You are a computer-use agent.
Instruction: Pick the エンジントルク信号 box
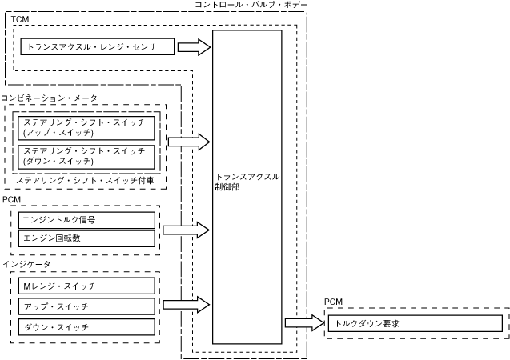pos(86,220)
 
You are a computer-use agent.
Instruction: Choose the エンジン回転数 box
pos(86,238)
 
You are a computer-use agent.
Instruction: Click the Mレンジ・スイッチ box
pos(86,286)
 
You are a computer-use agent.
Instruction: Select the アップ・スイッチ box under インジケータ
pos(86,306)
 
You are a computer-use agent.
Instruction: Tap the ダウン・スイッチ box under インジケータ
pos(86,327)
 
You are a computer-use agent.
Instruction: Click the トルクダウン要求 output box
pos(415,324)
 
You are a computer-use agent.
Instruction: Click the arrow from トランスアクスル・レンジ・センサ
pos(193,47)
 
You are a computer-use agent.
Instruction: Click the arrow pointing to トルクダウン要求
pos(302,323)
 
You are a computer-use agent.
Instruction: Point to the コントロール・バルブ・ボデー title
pos(251,6)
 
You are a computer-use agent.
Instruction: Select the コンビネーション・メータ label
pos(49,97)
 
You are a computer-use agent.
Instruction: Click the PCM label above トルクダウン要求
pos(333,302)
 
